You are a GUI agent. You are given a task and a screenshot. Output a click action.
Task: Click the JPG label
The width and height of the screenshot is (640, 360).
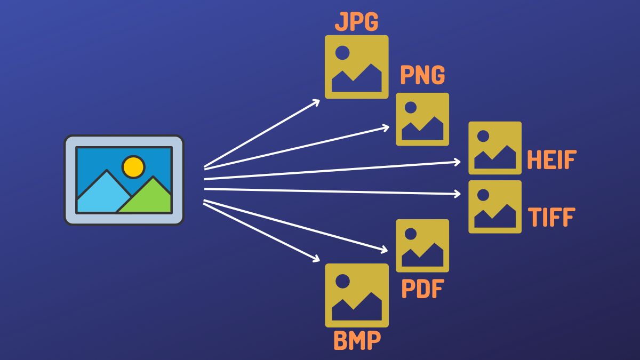coord(356,22)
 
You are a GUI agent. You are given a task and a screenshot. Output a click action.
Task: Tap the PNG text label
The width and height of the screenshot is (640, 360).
coord(422,75)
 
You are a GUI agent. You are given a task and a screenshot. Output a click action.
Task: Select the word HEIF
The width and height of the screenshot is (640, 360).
coord(551,160)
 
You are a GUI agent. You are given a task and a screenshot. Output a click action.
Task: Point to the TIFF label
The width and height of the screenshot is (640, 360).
coord(551,218)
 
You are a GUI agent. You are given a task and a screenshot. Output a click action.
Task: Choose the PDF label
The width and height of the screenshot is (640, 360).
coord(422,290)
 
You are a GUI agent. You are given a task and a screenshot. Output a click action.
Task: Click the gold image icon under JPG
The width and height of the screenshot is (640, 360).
coord(357,67)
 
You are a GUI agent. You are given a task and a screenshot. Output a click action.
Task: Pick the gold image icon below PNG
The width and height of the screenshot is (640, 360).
coord(422,119)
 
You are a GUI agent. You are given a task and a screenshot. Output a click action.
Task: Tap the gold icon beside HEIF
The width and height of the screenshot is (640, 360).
coord(495,148)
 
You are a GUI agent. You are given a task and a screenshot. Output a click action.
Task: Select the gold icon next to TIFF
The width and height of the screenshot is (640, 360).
coord(495,206)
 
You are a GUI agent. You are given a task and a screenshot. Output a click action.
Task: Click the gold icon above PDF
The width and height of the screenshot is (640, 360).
coord(422,245)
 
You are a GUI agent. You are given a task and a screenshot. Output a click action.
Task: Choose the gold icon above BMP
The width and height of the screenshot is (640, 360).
coord(357,295)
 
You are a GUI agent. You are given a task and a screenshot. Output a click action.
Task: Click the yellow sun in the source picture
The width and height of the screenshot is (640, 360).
coord(133,166)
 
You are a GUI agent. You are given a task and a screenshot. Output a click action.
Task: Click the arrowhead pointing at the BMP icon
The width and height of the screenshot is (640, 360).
coord(316,260)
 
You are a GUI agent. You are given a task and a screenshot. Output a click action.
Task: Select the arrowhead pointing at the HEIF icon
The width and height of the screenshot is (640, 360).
coord(458,161)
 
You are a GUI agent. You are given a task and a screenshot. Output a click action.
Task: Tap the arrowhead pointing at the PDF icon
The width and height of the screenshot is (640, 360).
coord(385,250)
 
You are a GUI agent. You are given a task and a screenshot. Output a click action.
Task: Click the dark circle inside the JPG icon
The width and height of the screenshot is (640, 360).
coord(342,52)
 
